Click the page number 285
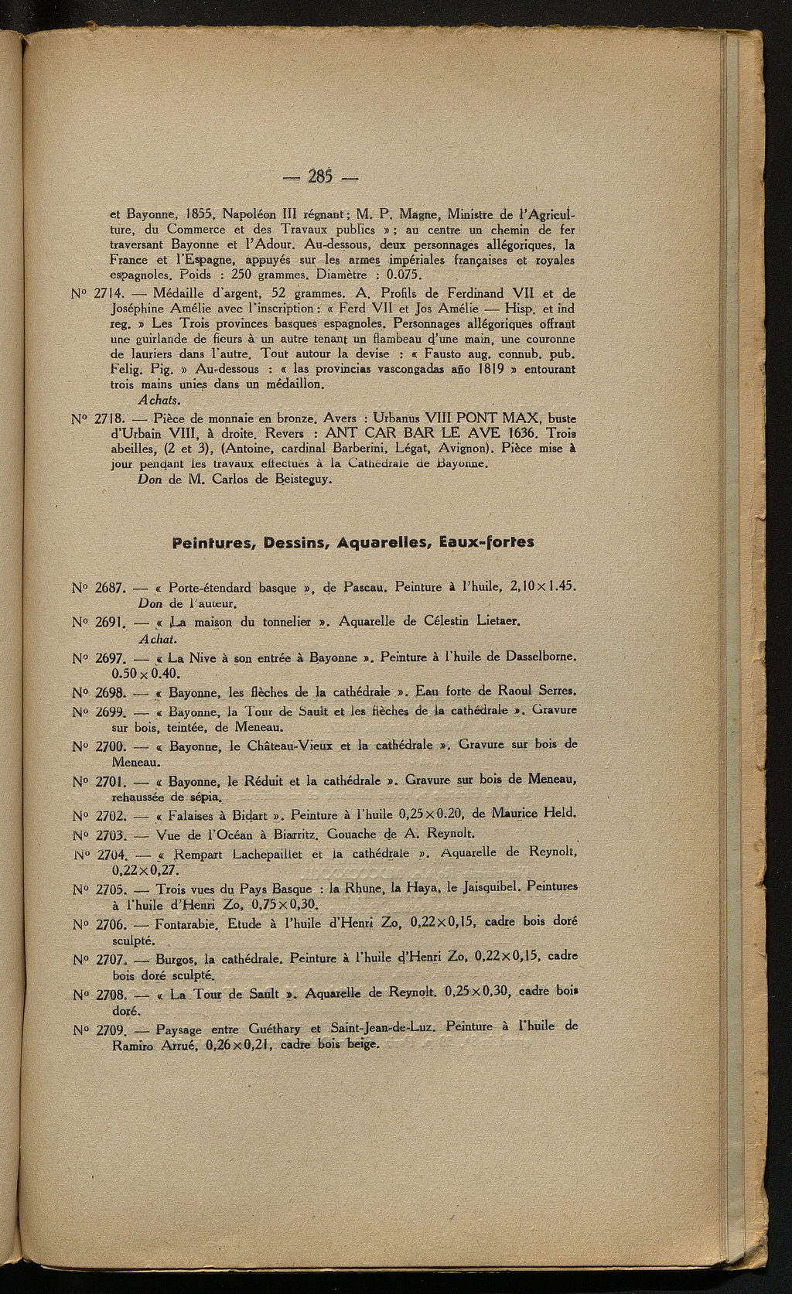[x=319, y=177]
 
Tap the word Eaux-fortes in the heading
[x=486, y=542]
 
